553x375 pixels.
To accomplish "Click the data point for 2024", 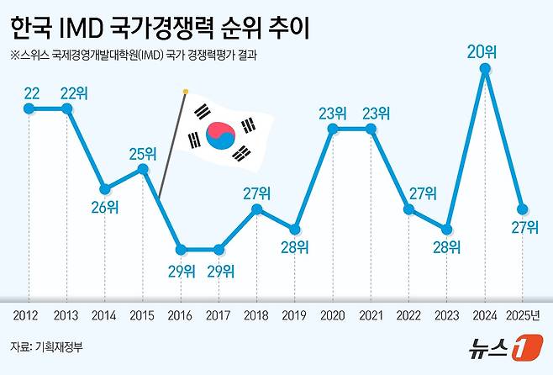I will click(x=485, y=69).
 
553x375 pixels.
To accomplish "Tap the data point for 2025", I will click(x=523, y=209).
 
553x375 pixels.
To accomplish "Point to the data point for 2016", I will click(x=181, y=249).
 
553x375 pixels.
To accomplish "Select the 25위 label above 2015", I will click(x=143, y=153).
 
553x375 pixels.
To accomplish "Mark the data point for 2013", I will click(x=67, y=108).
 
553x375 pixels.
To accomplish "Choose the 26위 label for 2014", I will click(x=104, y=207).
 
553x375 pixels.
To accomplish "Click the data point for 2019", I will click(x=295, y=229).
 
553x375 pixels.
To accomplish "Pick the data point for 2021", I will click(x=371, y=129).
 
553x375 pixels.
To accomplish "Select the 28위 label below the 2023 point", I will click(x=446, y=246).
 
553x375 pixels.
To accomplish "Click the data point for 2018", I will click(x=257, y=209).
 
